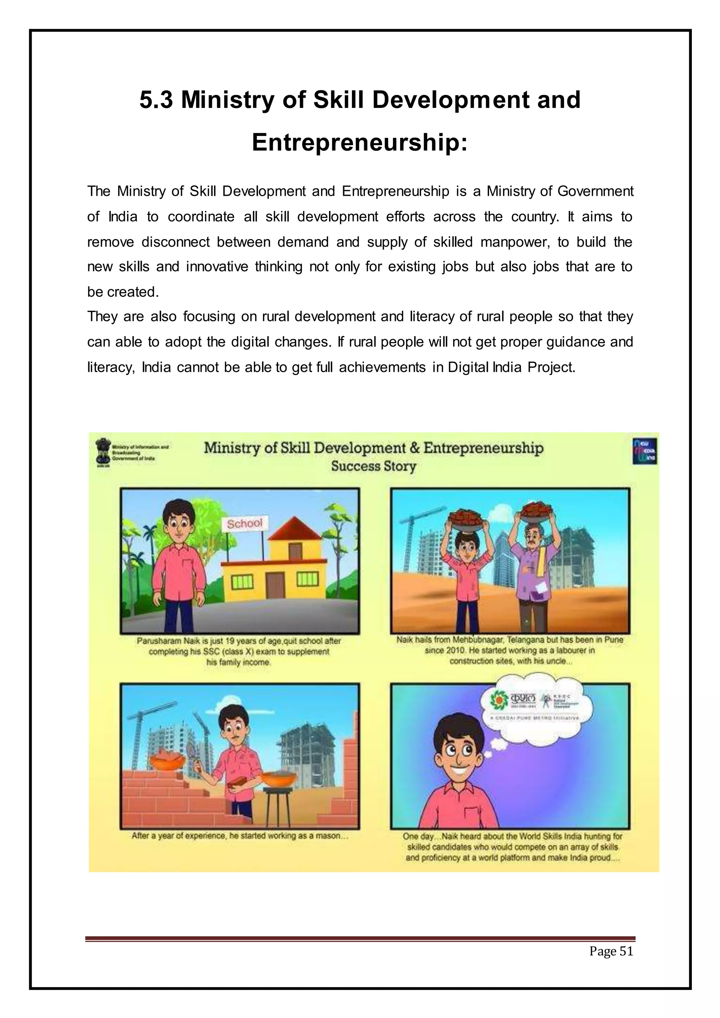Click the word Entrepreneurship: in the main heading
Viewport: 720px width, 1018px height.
(360, 142)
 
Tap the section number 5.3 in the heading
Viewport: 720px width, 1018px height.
(156, 100)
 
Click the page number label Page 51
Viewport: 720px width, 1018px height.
(611, 951)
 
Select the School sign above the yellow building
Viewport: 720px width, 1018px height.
(244, 524)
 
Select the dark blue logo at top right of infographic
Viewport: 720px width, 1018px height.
(645, 451)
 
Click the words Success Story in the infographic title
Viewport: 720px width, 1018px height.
(373, 466)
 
